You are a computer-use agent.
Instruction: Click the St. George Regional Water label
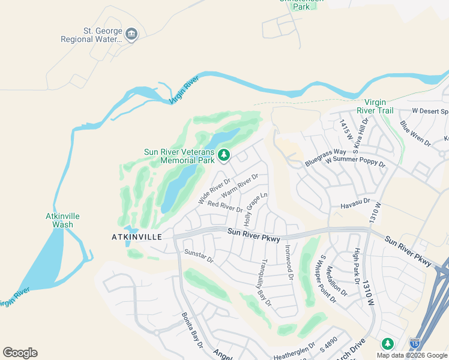point(92,35)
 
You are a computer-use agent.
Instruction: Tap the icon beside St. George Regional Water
point(131,35)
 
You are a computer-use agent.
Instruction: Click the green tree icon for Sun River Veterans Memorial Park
point(224,156)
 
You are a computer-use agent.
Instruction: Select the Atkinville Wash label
point(63,220)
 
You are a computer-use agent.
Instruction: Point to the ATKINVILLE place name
point(137,237)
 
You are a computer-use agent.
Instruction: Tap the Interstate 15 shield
point(414,343)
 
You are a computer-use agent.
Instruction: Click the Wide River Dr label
point(214,190)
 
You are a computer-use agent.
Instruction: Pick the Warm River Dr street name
point(240,185)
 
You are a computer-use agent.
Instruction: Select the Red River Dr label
point(224,206)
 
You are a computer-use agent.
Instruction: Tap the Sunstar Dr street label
point(199,256)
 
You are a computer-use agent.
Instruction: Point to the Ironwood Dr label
point(289,262)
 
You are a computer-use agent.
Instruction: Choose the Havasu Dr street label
point(356,205)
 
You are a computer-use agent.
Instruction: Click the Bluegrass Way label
point(325,153)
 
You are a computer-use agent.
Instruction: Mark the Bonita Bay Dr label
point(193,331)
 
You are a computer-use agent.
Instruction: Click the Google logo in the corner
point(20,353)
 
